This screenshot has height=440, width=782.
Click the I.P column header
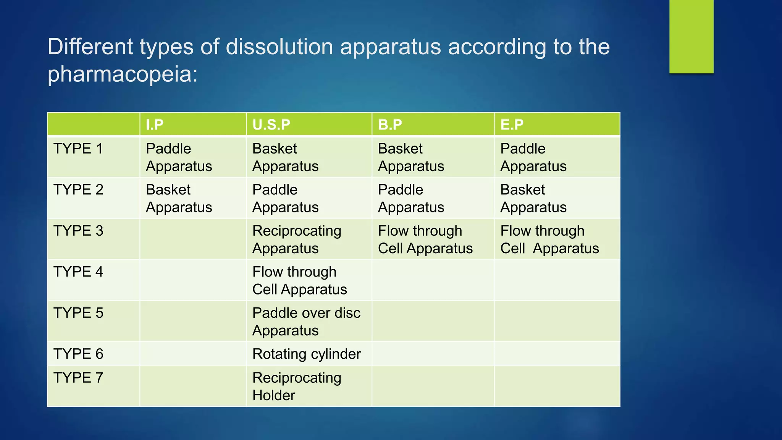pyautogui.click(x=155, y=125)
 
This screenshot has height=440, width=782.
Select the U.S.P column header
pyautogui.click(x=271, y=125)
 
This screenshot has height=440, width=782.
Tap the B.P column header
pyautogui.click(x=390, y=125)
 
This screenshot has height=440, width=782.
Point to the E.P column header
pyautogui.click(x=512, y=125)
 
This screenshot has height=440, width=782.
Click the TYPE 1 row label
pyautogui.click(x=78, y=149)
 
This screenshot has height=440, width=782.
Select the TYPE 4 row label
pyautogui.click(x=78, y=272)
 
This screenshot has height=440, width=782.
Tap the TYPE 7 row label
pyautogui.click(x=78, y=378)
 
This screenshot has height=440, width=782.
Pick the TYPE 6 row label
pyautogui.click(x=78, y=354)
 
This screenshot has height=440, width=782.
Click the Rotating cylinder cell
pyautogui.click(x=307, y=354)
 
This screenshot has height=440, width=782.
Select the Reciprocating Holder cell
pyautogui.click(x=297, y=386)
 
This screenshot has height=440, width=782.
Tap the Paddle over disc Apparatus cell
pyautogui.click(x=306, y=322)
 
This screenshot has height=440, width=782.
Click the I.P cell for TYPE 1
pyautogui.click(x=179, y=157)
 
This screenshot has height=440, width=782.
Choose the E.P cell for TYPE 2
pyautogui.click(x=533, y=199)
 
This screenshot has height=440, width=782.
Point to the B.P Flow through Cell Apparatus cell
pyautogui.click(x=425, y=239)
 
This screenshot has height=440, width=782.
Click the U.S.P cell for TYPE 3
pyautogui.click(x=297, y=239)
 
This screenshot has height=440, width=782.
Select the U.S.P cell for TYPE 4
pyautogui.click(x=299, y=281)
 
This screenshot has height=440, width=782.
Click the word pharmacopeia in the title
pyautogui.click(x=122, y=74)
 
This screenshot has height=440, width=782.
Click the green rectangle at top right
pyautogui.click(x=691, y=36)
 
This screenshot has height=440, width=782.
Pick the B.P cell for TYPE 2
pyautogui.click(x=411, y=199)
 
